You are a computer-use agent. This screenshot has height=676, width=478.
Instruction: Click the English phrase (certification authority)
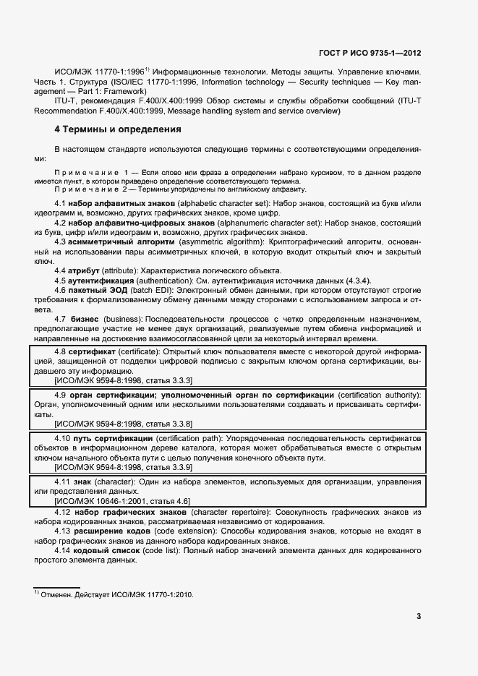379,395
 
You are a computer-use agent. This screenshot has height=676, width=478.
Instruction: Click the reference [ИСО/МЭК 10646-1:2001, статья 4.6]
122,500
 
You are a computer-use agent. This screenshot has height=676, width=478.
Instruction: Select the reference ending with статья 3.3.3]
123,380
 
